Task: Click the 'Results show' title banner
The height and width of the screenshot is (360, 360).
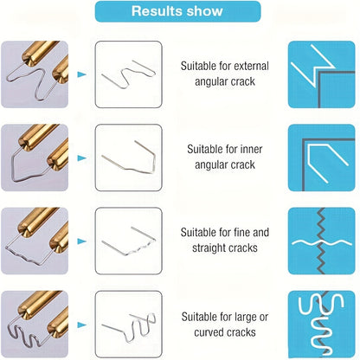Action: [x=177, y=11]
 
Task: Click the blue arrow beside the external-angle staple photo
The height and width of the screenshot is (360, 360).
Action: [x=81, y=74]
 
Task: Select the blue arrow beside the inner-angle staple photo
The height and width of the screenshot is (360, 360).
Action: [x=81, y=157]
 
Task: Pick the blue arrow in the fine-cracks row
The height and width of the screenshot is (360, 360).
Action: [x=81, y=241]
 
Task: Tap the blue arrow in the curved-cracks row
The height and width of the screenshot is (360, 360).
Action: [x=81, y=325]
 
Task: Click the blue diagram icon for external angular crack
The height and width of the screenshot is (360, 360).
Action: [x=322, y=74]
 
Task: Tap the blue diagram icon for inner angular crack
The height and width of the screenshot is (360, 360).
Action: [x=322, y=157]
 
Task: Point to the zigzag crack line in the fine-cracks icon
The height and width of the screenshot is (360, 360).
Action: [x=321, y=241]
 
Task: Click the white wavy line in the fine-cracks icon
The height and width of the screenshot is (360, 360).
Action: [x=322, y=242]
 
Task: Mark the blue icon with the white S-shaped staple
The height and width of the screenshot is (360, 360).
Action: [x=322, y=325]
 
